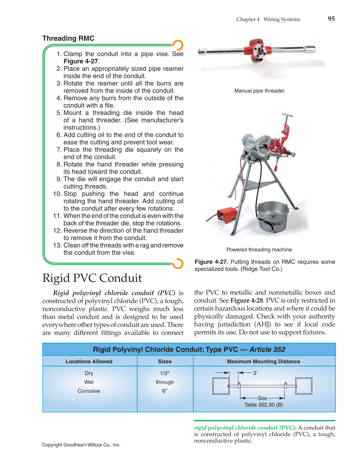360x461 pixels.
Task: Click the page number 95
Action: point(331,19)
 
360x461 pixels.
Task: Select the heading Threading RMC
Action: point(68,38)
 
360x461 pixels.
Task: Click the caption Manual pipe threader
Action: point(259,91)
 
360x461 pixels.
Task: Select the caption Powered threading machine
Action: point(259,250)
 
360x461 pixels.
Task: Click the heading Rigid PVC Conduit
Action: point(92,278)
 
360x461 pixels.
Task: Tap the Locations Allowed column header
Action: point(89,362)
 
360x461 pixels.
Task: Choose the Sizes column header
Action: point(164,362)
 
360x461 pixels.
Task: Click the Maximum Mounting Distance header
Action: point(263,362)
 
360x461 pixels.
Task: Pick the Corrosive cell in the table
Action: point(89,391)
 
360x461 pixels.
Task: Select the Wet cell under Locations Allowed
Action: point(89,382)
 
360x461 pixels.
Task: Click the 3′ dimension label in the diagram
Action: point(255,373)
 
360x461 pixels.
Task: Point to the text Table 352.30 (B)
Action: point(263,405)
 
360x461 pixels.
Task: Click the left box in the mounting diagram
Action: point(220,386)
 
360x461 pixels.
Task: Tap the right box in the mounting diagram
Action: point(304,386)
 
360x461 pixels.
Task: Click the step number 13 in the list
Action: point(57,245)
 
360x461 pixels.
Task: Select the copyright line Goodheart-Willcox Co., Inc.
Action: point(81,445)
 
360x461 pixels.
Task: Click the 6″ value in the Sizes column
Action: point(164,391)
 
